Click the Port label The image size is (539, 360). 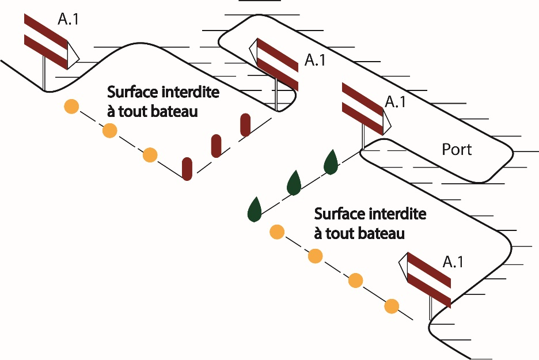(457, 150)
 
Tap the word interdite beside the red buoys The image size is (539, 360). (190, 92)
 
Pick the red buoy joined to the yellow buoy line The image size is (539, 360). (187, 169)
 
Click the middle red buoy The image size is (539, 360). (216, 146)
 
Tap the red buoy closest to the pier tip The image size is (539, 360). (245, 124)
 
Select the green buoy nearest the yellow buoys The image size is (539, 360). (255, 210)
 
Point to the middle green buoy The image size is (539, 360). (294, 183)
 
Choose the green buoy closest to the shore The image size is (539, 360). (331, 162)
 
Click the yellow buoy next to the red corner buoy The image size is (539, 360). (150, 155)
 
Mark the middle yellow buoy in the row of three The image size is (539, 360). (109, 130)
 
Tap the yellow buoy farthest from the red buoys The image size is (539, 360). (71, 106)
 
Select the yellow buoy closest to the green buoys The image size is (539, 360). (277, 232)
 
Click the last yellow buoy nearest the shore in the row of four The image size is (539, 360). (392, 306)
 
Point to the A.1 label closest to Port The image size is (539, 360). (395, 102)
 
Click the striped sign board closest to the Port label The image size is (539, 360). (362, 108)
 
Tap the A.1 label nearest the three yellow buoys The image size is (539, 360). (68, 19)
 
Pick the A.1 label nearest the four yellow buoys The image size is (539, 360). (453, 262)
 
